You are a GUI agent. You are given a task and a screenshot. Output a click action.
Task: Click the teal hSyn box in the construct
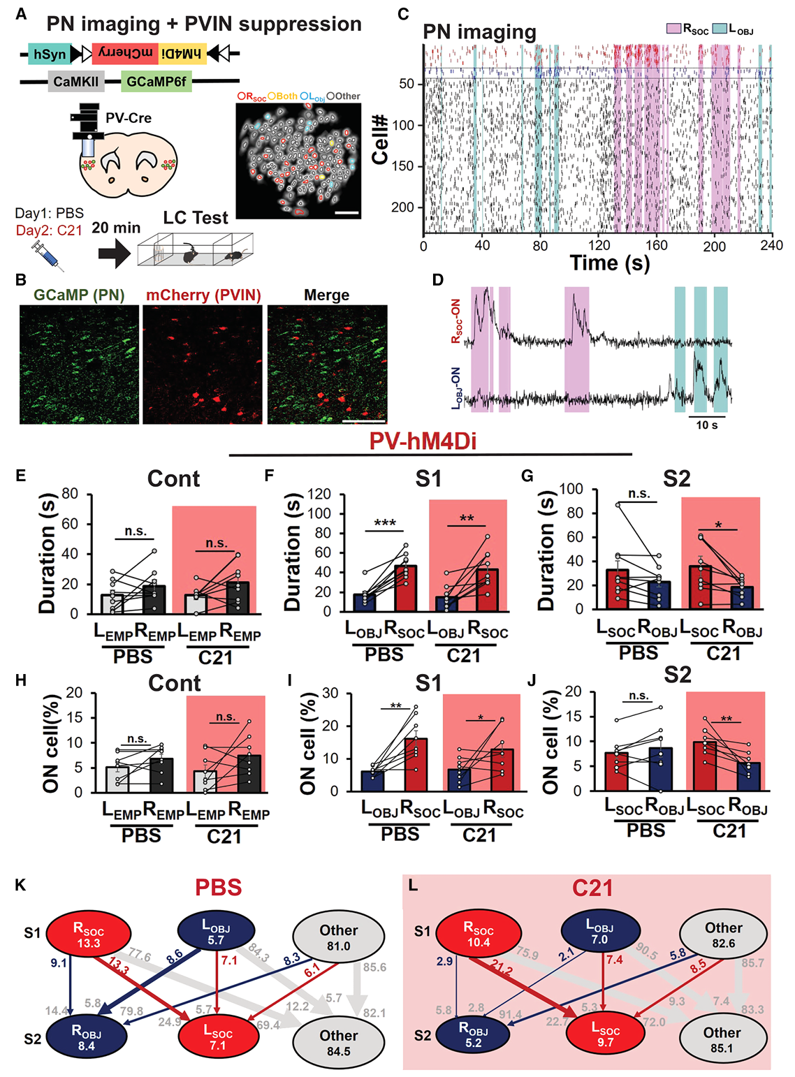pyautogui.click(x=49, y=54)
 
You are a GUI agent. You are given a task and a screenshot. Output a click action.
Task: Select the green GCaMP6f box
pyautogui.click(x=156, y=82)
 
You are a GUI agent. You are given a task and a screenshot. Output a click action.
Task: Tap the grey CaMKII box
pyautogui.click(x=76, y=82)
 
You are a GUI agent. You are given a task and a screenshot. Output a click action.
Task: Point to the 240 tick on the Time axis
pyautogui.click(x=771, y=245)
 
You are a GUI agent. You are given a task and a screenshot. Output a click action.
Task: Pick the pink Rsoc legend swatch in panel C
pyautogui.click(x=673, y=29)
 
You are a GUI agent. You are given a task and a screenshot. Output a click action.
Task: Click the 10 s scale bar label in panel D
pyautogui.click(x=706, y=425)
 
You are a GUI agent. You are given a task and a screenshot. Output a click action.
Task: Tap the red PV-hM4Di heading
pyautogui.click(x=423, y=441)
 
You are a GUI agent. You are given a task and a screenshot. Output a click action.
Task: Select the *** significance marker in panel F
pyautogui.click(x=385, y=523)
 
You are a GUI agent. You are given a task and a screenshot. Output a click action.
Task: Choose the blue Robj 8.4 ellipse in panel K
pyautogui.click(x=86, y=1038)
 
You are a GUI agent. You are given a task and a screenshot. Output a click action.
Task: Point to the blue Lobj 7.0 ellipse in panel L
pyautogui.click(x=600, y=932)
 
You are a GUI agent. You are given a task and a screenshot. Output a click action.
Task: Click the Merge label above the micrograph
pyautogui.click(x=326, y=295)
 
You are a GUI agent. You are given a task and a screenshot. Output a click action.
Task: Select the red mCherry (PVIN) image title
pyautogui.click(x=203, y=295)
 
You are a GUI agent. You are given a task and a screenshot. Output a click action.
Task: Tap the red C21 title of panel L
pyautogui.click(x=592, y=888)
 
